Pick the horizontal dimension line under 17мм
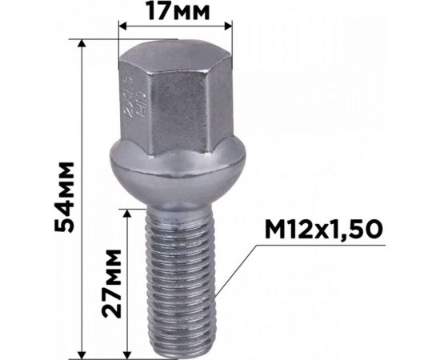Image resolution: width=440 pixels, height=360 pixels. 176,26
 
